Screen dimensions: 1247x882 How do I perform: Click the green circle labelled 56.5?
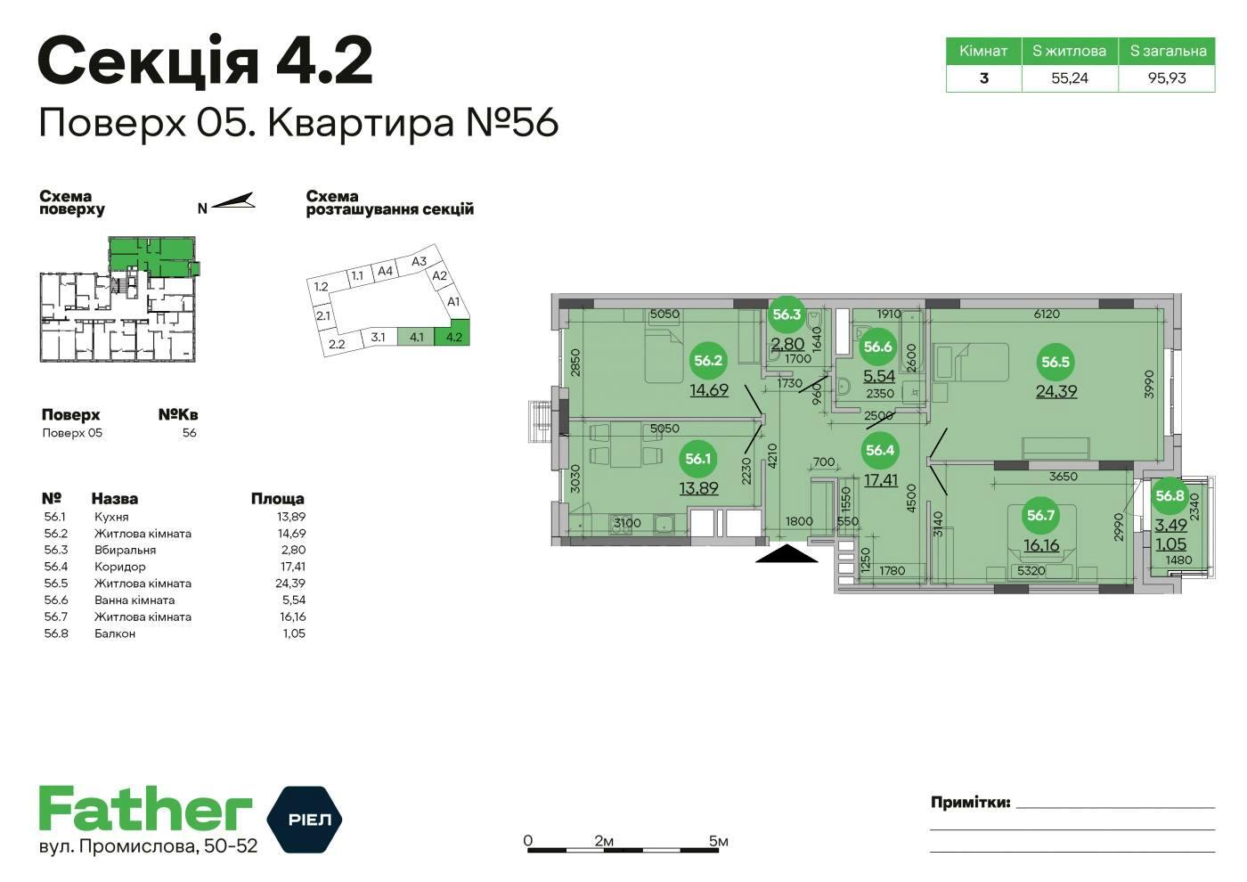[1055, 362]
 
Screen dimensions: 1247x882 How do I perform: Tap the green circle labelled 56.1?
[698, 459]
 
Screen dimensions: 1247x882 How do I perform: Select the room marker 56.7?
[1040, 515]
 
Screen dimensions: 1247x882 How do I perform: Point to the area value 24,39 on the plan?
[1056, 391]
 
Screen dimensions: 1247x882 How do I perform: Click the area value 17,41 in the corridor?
[881, 480]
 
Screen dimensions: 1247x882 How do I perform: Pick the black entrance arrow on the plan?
[787, 553]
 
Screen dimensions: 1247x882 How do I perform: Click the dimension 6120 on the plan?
[1047, 314]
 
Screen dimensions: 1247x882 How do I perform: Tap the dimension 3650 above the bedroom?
[1064, 476]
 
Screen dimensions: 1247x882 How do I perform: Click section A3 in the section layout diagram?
[419, 261]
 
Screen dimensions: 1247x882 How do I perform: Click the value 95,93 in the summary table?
[1167, 78]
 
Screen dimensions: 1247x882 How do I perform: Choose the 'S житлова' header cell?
[1070, 52]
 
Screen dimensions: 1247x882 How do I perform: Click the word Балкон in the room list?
[115, 633]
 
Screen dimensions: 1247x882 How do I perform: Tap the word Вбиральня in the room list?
[126, 551]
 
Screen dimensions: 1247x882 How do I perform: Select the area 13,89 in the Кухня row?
[291, 517]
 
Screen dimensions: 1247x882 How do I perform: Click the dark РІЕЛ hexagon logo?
[305, 820]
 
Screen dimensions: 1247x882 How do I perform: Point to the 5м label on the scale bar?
[718, 841]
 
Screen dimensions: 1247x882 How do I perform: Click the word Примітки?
[970, 803]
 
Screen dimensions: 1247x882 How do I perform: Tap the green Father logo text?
[145, 809]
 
